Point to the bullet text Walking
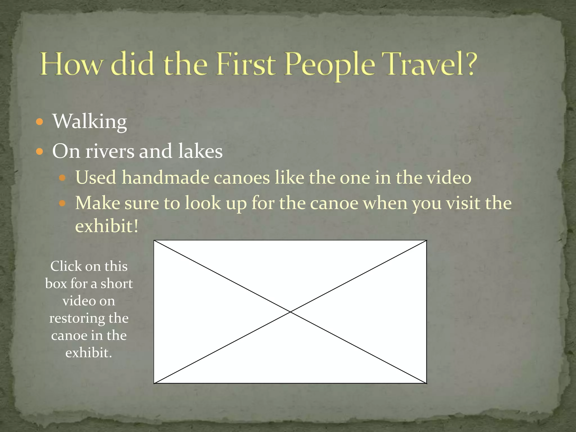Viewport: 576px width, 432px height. pos(90,121)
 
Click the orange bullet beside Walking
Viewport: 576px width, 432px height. pos(40,122)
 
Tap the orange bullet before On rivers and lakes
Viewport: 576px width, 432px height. pos(40,152)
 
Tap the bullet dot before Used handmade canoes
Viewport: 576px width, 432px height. pos(62,178)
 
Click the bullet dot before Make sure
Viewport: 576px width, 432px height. pos(62,203)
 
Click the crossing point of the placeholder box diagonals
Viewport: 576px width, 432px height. pos(290,312)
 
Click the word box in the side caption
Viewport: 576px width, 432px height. pos(56,283)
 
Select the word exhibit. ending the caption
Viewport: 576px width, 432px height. pos(89,353)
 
